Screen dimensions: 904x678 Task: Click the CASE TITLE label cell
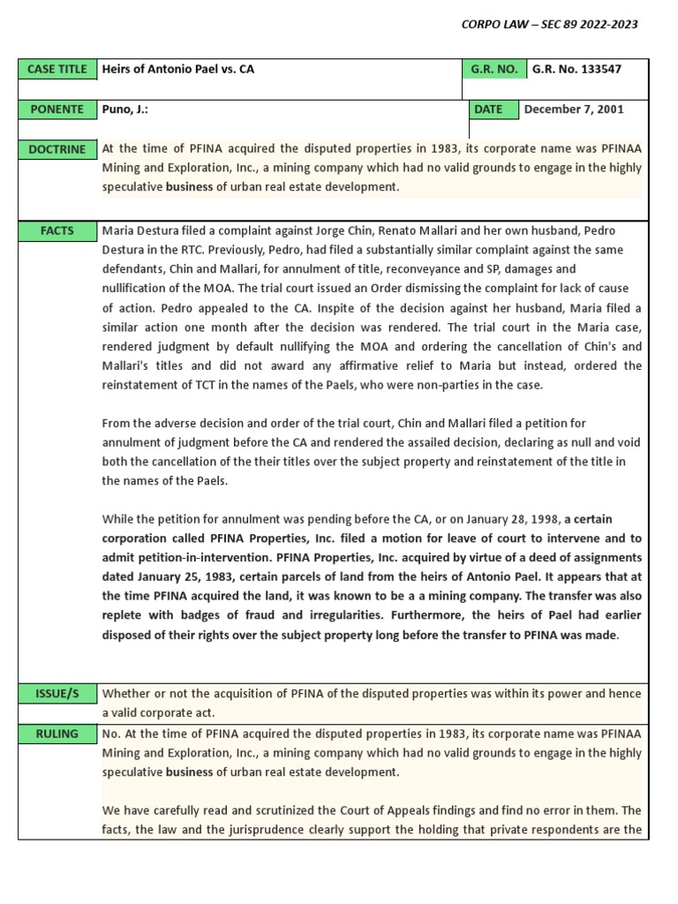point(56,69)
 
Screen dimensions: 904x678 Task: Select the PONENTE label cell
point(56,109)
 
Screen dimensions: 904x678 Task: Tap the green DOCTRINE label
point(56,149)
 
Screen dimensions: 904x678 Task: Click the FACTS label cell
point(56,231)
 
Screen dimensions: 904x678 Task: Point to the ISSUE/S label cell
point(56,694)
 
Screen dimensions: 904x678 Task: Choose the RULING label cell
point(56,734)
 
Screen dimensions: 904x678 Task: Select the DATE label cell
point(488,109)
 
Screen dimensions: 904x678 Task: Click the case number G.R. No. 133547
point(571,69)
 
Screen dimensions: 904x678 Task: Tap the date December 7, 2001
point(574,109)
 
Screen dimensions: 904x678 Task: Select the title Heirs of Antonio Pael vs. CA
point(177,69)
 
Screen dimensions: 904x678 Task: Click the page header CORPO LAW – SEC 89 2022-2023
point(549,24)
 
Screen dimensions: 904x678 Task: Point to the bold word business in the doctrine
point(190,187)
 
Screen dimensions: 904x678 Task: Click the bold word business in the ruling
point(190,772)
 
